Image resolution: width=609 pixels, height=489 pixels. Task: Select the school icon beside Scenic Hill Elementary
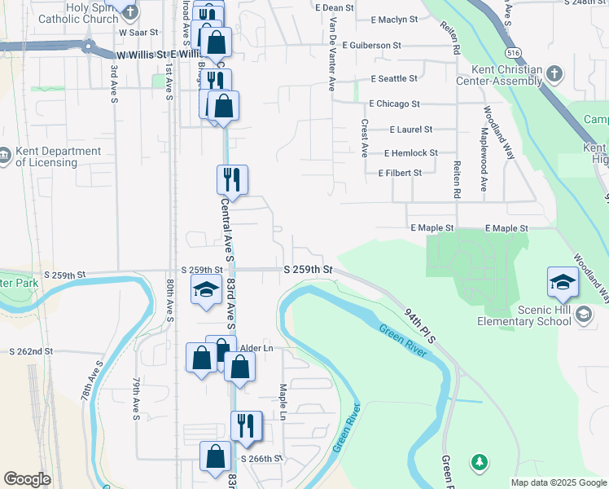click(x=583, y=314)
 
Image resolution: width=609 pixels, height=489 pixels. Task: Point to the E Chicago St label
click(x=394, y=104)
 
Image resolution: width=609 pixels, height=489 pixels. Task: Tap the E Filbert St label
click(x=400, y=173)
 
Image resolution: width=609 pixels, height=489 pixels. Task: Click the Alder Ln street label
click(x=256, y=348)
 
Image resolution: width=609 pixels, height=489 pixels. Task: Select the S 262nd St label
click(x=31, y=351)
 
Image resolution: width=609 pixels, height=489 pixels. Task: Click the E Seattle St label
click(x=394, y=79)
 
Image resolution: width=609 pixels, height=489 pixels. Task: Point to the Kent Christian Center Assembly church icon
click(x=554, y=74)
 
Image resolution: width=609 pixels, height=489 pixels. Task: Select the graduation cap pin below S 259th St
click(x=206, y=289)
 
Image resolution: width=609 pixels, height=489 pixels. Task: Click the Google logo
click(x=27, y=480)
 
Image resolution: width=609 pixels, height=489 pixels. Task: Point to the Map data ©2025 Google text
click(x=559, y=482)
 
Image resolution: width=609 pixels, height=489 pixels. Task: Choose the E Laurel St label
click(x=411, y=130)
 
